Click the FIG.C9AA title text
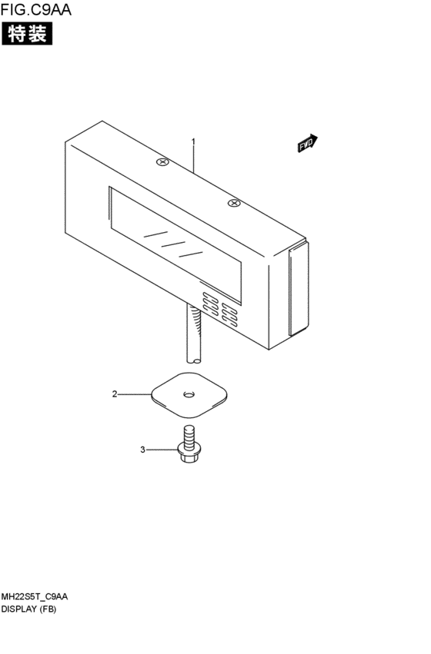pyautogui.click(x=36, y=9)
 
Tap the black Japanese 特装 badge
pyautogui.click(x=27, y=33)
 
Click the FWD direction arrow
pyautogui.click(x=308, y=143)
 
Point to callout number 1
pyautogui.click(x=193, y=142)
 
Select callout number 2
pyautogui.click(x=115, y=393)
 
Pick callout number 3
pyautogui.click(x=143, y=450)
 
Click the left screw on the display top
pyautogui.click(x=162, y=161)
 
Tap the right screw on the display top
pyautogui.click(x=234, y=203)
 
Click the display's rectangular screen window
pyautogui.click(x=175, y=245)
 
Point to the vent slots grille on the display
pyautogui.click(x=220, y=309)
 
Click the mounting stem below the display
pyautogui.click(x=194, y=334)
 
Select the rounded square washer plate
pyautogui.click(x=189, y=395)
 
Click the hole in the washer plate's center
pyautogui.click(x=189, y=393)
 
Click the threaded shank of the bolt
pyautogui.click(x=189, y=436)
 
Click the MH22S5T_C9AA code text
pyautogui.click(x=34, y=597)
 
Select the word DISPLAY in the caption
pyautogui.click(x=18, y=609)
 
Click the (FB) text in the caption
pyautogui.click(x=48, y=609)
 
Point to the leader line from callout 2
pyautogui.click(x=135, y=393)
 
